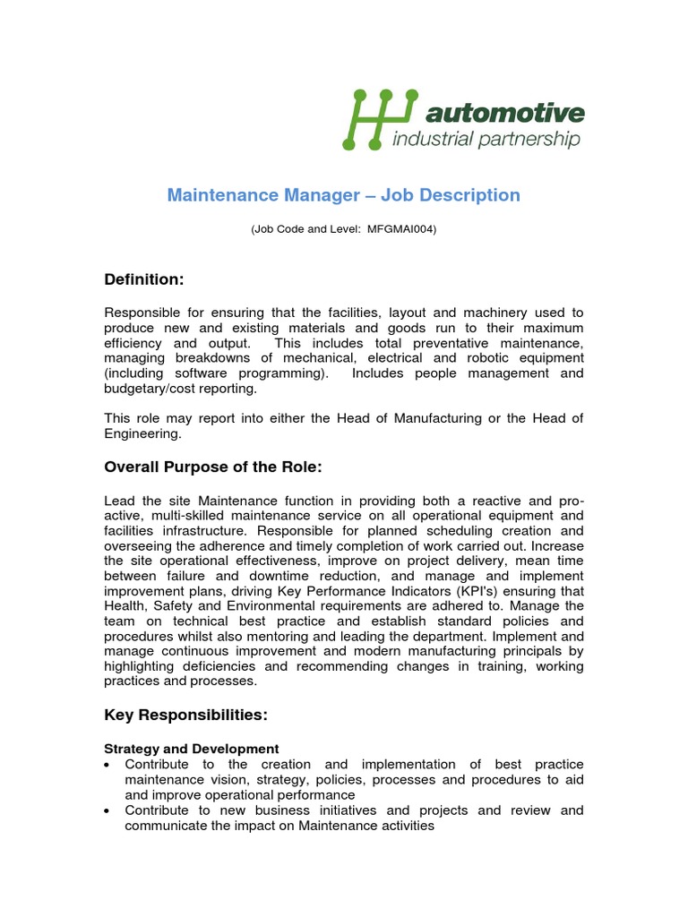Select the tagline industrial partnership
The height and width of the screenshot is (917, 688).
(x=487, y=139)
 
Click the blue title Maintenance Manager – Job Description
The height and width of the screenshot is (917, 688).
(x=343, y=195)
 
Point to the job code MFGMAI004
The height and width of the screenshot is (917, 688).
(x=401, y=229)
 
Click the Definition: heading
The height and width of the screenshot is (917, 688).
(x=143, y=280)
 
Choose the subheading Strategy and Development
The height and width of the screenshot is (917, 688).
(x=192, y=749)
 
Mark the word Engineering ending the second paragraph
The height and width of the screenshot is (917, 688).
(x=142, y=434)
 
